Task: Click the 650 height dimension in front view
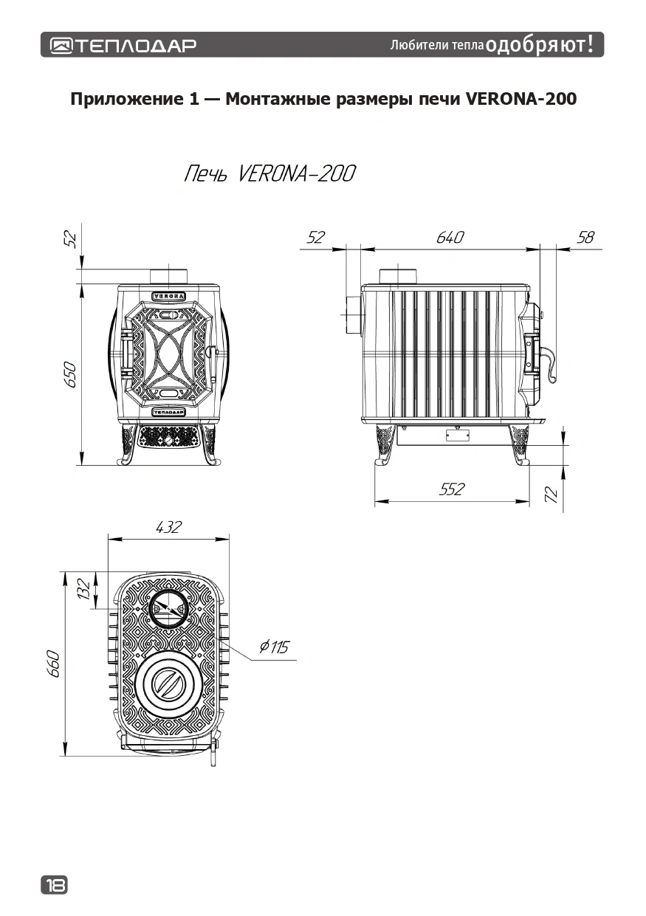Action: point(70,377)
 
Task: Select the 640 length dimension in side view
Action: point(450,238)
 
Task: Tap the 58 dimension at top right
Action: point(585,238)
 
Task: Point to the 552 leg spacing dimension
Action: point(452,489)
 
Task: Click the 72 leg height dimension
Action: point(550,494)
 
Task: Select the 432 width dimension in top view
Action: point(168,527)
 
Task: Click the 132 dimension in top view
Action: point(84,588)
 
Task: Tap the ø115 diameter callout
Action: point(274,647)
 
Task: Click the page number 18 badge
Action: point(54,884)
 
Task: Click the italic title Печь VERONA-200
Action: point(269,175)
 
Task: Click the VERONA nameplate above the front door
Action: point(169,295)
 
